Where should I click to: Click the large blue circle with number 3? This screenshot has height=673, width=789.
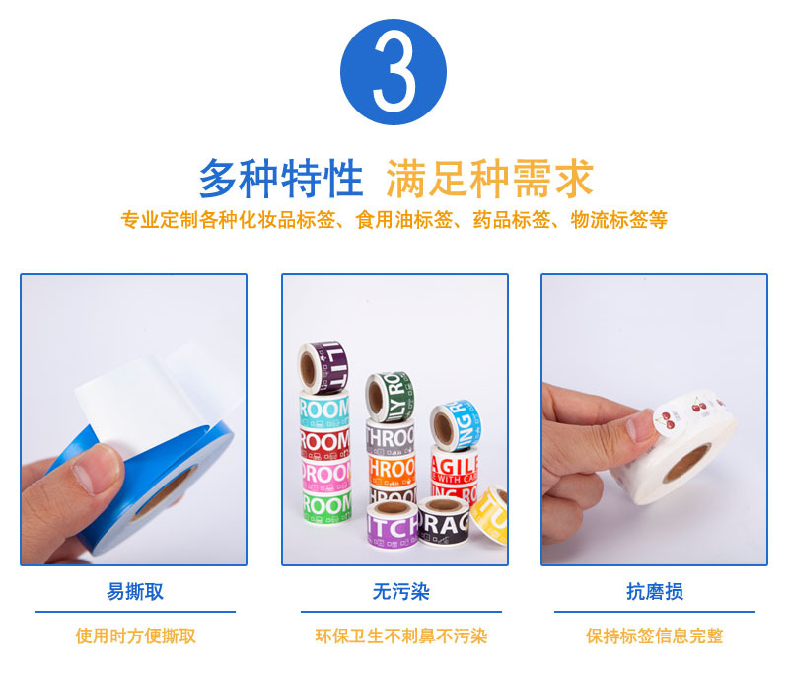click(394, 72)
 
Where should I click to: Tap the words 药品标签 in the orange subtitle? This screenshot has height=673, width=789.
click(517, 220)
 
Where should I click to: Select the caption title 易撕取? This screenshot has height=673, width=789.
click(135, 592)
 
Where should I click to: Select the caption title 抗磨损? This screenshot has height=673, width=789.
click(654, 592)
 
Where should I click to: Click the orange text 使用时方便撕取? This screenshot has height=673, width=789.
click(135, 636)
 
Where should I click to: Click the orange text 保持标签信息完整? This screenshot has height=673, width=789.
click(654, 636)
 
